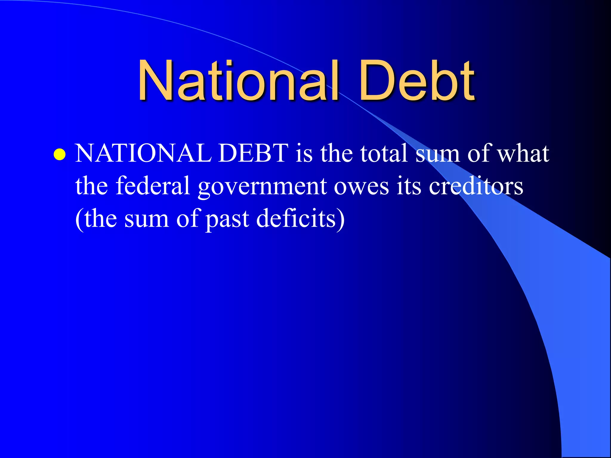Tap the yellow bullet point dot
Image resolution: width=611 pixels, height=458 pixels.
[x=60, y=154]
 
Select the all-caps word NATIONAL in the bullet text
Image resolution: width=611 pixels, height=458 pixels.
[x=144, y=153]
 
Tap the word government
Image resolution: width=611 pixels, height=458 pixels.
[x=262, y=187]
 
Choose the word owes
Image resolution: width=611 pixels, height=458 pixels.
[x=361, y=187]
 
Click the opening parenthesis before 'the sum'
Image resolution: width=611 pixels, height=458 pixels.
[x=79, y=219]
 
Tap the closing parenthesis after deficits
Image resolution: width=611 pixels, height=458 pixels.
[x=341, y=219]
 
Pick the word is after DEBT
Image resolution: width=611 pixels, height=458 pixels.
[x=304, y=153]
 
